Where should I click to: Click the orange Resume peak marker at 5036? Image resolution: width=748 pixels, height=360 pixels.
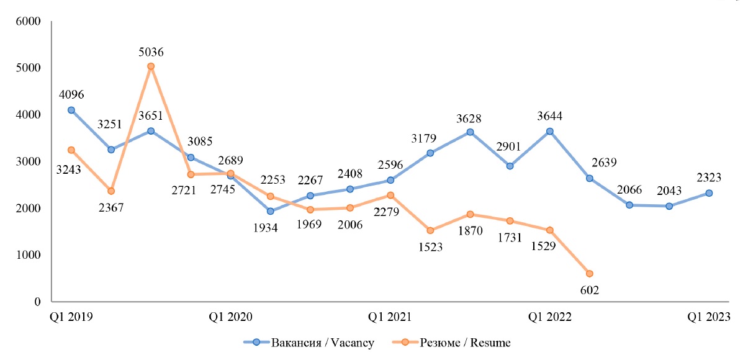[151, 66]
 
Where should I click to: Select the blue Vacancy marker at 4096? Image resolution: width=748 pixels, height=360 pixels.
[71, 110]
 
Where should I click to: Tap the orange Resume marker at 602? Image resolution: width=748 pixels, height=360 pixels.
[589, 274]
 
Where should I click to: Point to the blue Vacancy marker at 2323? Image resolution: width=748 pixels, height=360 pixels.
[709, 193]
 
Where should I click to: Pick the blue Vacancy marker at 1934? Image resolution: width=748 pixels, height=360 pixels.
[271, 211]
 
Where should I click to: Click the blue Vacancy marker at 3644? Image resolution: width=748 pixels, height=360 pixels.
[549, 131]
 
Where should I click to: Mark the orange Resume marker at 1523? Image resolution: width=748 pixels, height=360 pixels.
[430, 230]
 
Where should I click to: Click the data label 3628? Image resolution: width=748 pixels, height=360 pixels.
[470, 119]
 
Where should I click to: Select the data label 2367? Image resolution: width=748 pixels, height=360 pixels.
[111, 207]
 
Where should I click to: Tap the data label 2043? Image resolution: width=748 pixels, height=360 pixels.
[669, 192]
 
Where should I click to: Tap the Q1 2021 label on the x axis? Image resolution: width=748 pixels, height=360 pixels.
[390, 317]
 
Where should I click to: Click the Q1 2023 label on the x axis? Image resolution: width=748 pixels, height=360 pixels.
[709, 317]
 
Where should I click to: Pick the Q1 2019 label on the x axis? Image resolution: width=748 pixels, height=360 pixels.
[71, 317]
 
